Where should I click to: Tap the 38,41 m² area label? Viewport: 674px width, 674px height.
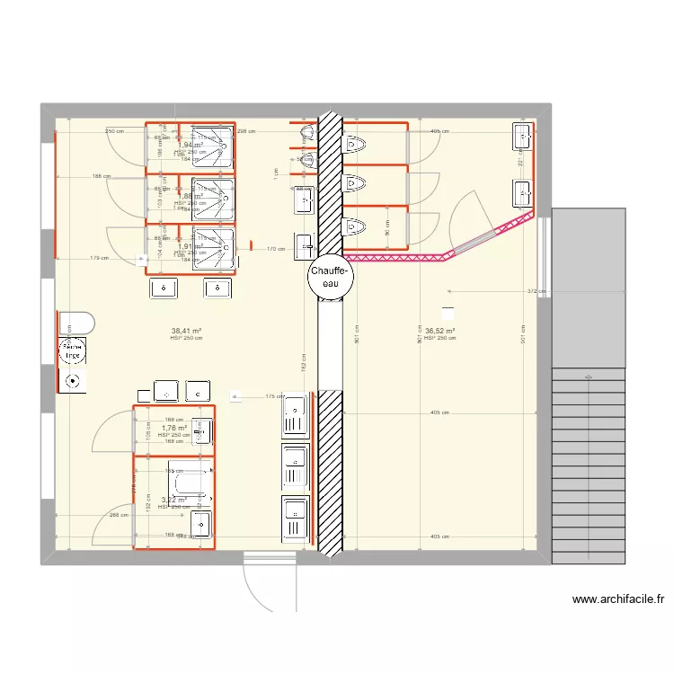click(187, 331)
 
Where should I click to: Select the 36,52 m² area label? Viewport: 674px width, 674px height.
click(440, 331)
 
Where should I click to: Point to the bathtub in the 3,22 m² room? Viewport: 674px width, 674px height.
click(191, 482)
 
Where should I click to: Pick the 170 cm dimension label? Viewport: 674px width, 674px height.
click(276, 249)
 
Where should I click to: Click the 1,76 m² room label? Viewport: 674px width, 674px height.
click(174, 429)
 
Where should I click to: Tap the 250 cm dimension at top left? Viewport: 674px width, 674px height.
click(113, 132)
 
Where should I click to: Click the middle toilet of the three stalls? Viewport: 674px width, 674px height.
click(355, 184)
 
